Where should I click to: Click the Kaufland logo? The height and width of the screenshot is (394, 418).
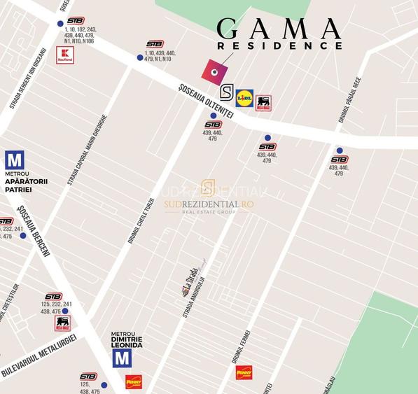click(65, 55)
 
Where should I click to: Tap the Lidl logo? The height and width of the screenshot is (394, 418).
click(244, 98)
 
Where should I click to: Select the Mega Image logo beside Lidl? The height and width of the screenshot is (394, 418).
click(263, 104)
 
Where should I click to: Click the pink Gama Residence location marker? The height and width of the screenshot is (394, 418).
click(215, 71)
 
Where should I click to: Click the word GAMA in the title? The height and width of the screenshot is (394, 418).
click(278, 29)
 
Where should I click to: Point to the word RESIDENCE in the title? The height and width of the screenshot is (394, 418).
click(279, 45)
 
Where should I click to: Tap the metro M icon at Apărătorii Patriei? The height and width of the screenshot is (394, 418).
click(14, 160)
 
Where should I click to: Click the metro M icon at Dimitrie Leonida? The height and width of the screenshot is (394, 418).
click(123, 358)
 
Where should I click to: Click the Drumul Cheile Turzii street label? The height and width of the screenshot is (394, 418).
click(140, 220)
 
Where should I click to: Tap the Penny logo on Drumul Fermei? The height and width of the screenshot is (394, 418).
click(244, 372)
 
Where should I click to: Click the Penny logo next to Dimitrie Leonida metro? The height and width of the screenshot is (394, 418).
click(134, 381)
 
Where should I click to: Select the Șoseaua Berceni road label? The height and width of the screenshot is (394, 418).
click(34, 231)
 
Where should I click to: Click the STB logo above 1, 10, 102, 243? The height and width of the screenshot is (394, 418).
click(75, 21)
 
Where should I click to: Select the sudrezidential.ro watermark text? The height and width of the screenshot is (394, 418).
click(209, 204)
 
